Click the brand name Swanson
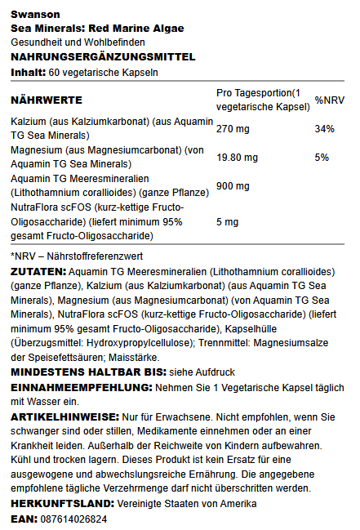[x=31, y=14]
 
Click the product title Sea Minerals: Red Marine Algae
[x=97, y=28]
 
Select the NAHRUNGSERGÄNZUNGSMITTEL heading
[x=103, y=56]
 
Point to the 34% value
[x=325, y=128]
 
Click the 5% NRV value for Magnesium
[x=322, y=157]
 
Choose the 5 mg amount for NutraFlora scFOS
[x=228, y=221]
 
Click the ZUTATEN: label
[x=38, y=270]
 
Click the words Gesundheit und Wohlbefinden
[x=78, y=42]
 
